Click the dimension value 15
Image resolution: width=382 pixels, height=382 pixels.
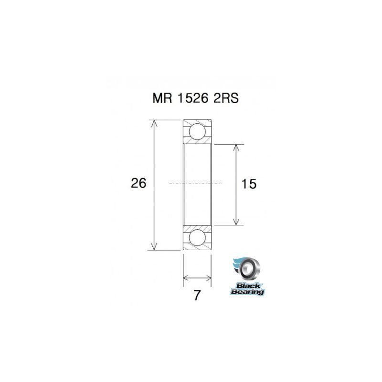[249, 184]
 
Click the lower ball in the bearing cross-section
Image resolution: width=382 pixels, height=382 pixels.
[197, 237]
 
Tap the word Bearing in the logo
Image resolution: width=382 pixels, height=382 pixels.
[247, 291]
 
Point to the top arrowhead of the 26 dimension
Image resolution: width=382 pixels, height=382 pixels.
[154, 123]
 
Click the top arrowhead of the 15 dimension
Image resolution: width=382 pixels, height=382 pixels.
[235, 147]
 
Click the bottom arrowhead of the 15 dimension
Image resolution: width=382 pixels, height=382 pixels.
[235, 221]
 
